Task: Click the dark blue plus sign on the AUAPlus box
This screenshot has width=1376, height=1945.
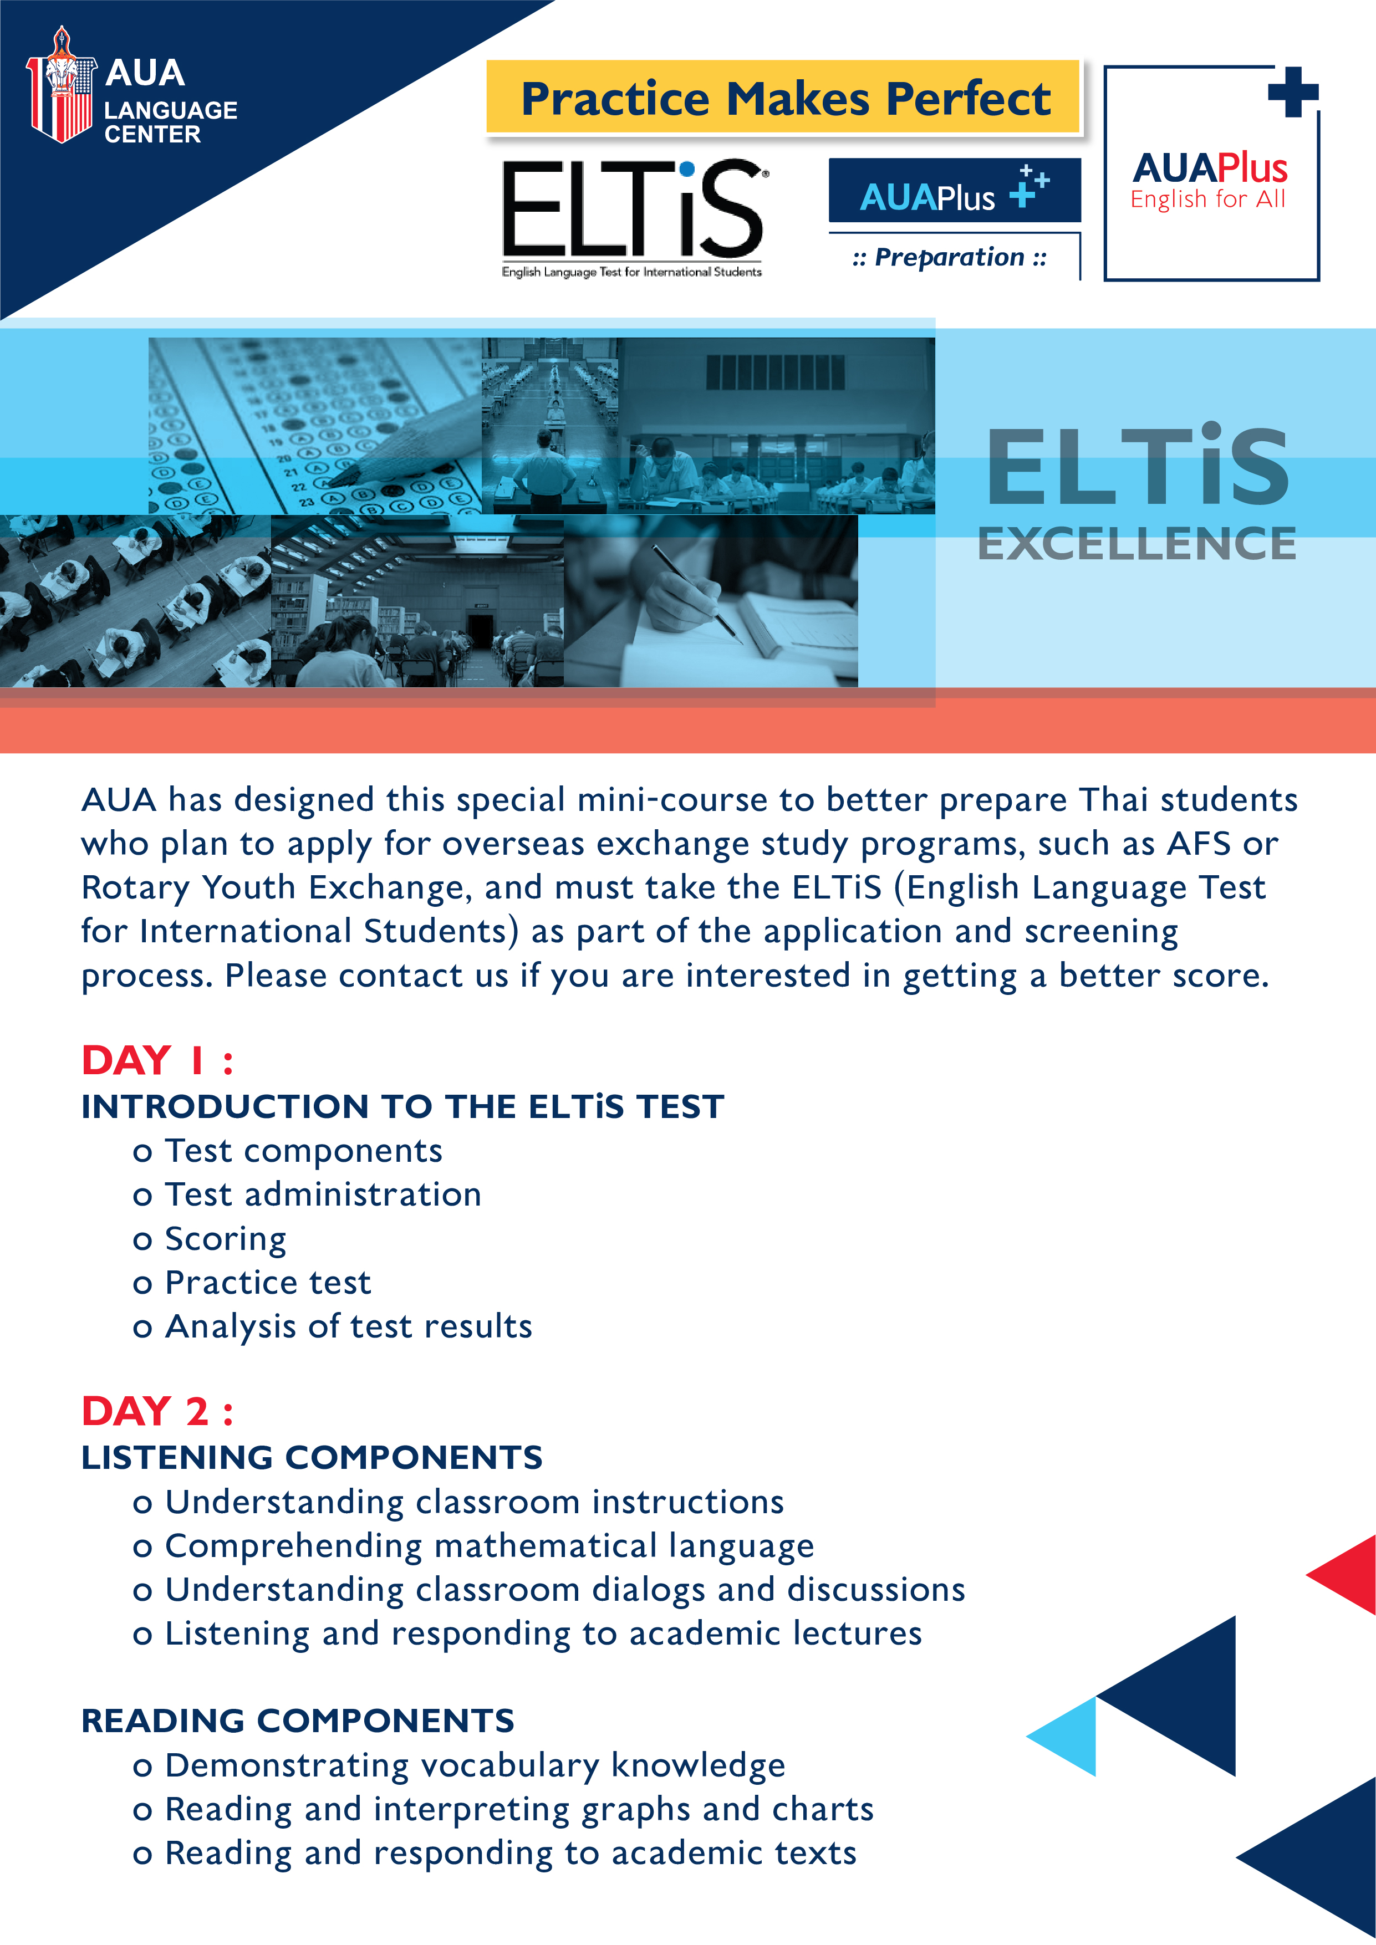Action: point(1293,91)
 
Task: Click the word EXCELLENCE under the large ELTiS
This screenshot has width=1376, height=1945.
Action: point(1137,544)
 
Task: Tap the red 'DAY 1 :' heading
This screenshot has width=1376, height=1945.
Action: point(157,1060)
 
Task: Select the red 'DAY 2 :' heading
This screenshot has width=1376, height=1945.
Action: point(157,1411)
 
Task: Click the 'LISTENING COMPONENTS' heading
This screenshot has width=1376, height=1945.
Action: point(312,1457)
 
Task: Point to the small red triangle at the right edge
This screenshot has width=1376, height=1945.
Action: point(1342,1574)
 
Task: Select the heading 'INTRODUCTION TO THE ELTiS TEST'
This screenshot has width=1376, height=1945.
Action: point(403,1106)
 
